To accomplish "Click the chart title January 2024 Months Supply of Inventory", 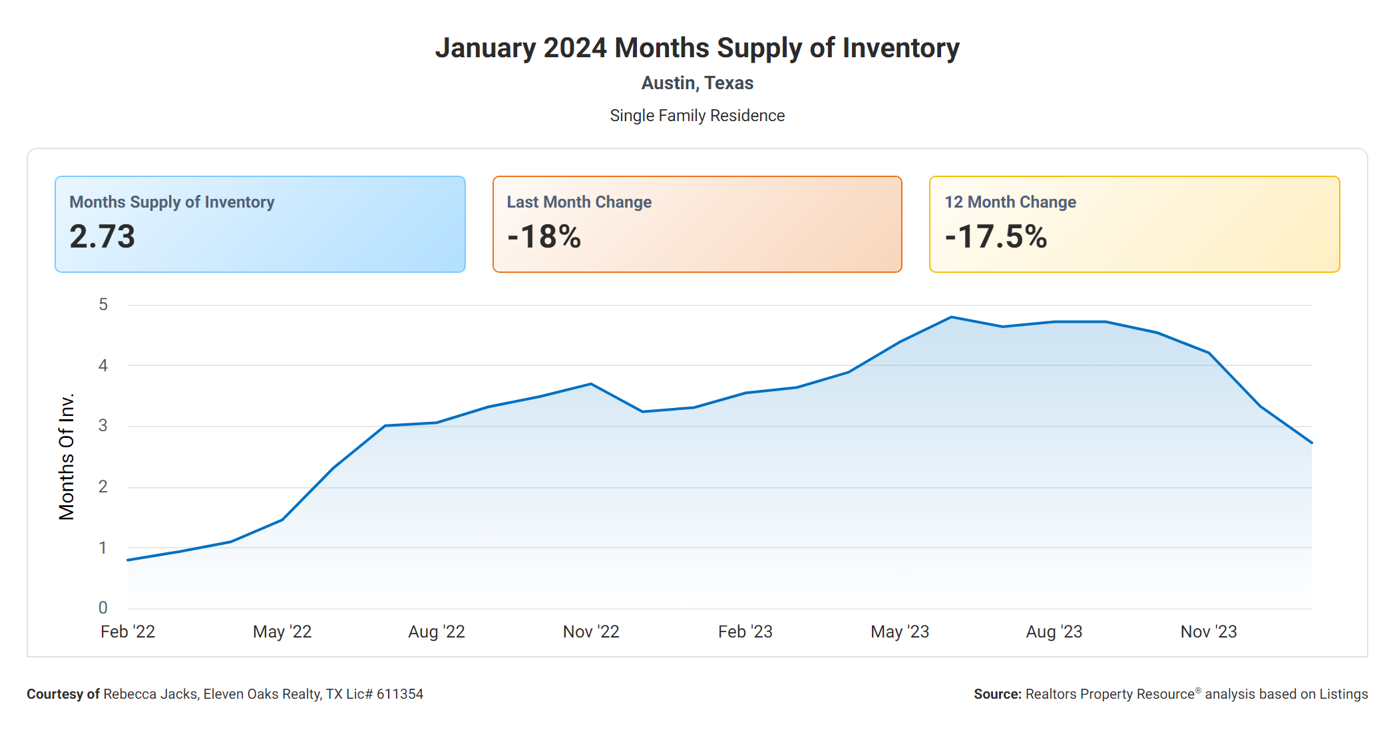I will [697, 48].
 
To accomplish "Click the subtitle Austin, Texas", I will [697, 83].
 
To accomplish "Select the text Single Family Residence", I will [697, 116].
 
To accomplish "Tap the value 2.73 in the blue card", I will [102, 237].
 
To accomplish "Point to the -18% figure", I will [544, 237].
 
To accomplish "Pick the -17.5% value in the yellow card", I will [996, 237].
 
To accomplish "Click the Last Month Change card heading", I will [579, 202].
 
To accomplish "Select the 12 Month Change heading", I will [1010, 202].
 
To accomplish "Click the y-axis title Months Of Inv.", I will [67, 457].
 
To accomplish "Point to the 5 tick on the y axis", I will [103, 305].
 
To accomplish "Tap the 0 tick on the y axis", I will [103, 608].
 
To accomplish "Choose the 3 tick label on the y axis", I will [103, 426].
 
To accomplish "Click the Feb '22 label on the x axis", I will [128, 632].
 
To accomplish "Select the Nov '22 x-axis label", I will [591, 632].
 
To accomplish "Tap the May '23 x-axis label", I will [900, 632].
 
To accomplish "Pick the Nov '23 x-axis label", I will [1209, 632].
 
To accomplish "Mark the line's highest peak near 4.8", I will [952, 317].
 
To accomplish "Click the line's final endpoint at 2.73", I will [1311, 443].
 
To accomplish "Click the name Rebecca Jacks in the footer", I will [150, 694].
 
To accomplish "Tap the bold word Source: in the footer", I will [997, 694].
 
